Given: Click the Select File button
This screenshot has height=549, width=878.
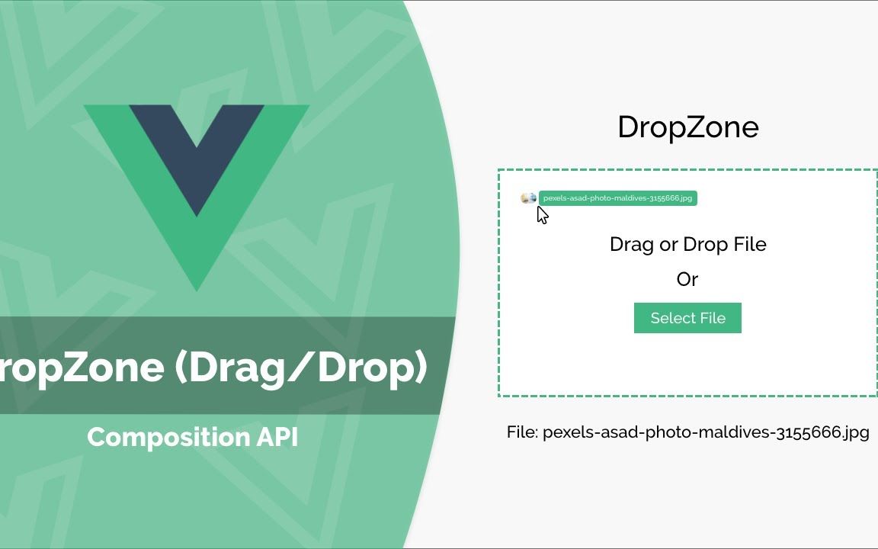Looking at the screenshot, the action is pos(687,318).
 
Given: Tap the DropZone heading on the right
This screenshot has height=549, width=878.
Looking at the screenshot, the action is pos(688,127).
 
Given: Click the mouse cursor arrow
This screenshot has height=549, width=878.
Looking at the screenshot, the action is pos(542,215).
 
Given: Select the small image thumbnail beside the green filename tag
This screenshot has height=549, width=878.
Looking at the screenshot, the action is pos(529,198).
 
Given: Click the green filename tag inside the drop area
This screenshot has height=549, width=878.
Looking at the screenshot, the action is pos(617,198).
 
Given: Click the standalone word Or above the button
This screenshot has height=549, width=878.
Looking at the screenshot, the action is pos(687,279).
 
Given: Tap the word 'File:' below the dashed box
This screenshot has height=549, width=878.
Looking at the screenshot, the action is pos(522,432).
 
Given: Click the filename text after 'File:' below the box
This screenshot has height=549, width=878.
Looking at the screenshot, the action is pos(706,432).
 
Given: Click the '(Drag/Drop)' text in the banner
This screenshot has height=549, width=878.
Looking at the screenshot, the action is pos(301,368).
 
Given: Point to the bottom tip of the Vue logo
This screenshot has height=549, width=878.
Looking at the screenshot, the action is pos(197,291).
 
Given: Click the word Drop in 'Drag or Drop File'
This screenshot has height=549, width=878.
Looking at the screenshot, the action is pos(705,245).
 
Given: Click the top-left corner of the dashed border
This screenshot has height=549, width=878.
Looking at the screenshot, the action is pos(499,170).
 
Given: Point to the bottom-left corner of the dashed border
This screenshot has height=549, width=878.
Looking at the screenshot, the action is pos(499,396).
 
